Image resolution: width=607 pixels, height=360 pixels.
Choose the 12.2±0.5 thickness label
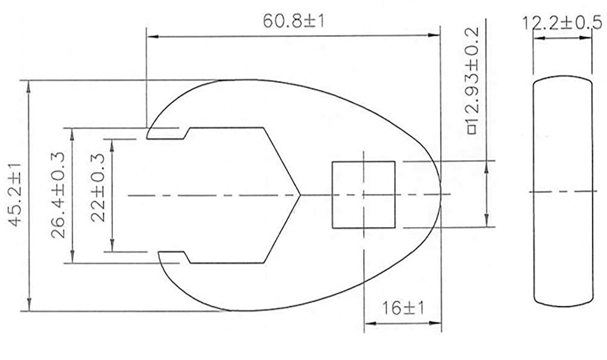[562, 23]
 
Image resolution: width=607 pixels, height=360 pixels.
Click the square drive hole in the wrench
[363, 194]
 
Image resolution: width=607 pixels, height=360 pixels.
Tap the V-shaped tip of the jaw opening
[299, 195]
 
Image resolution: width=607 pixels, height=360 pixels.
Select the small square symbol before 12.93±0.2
[472, 130]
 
